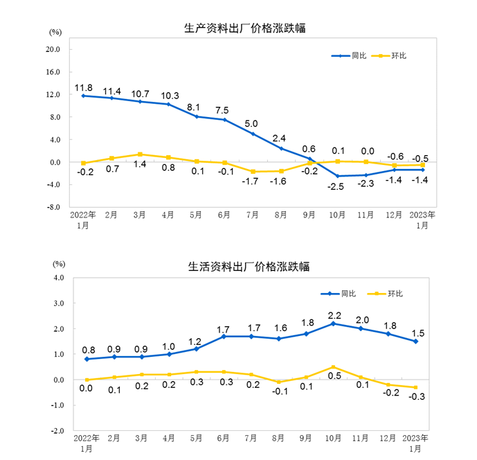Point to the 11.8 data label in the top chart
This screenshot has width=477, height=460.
(83, 87)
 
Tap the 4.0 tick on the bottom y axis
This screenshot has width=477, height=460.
(57, 278)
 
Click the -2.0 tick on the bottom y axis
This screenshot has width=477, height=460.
(56, 430)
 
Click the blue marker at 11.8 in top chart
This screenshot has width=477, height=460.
(83, 96)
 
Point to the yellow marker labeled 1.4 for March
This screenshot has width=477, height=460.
(140, 154)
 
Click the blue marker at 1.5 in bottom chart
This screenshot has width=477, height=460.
(416, 341)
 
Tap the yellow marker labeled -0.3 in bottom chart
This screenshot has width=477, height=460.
(416, 387)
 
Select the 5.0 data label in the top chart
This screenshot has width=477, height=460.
(253, 125)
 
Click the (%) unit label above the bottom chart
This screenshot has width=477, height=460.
(59, 264)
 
